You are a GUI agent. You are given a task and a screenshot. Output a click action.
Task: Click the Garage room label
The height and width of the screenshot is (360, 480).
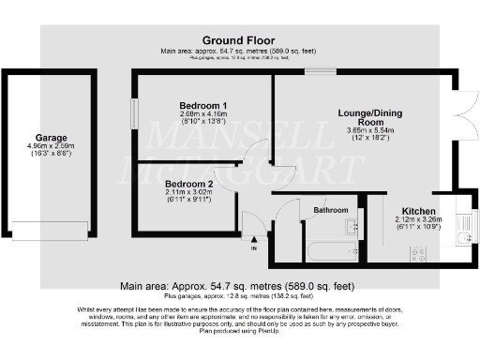[51, 137]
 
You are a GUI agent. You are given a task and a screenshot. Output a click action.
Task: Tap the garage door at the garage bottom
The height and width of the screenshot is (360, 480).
[51, 230]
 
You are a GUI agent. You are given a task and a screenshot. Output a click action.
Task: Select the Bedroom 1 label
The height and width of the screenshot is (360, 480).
[204, 105]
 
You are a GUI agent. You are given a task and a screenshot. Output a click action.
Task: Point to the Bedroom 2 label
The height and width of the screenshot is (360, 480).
[189, 184]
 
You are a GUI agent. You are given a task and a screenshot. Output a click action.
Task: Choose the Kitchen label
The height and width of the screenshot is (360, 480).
[418, 210]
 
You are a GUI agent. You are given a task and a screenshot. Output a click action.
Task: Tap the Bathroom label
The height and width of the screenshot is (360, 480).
[331, 210]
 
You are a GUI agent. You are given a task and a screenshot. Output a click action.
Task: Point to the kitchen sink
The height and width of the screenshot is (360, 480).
[461, 238]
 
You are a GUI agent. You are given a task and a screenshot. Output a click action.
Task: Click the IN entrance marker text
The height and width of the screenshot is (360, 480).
[253, 248]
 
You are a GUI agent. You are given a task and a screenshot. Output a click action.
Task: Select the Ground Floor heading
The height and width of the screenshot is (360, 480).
[239, 39]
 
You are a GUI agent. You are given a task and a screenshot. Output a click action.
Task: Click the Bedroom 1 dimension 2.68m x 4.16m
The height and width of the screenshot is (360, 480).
[204, 114]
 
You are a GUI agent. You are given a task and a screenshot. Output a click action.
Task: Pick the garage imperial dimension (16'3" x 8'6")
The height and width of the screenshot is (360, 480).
[51, 155]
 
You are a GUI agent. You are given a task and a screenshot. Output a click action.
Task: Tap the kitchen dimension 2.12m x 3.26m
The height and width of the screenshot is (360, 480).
[418, 220]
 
